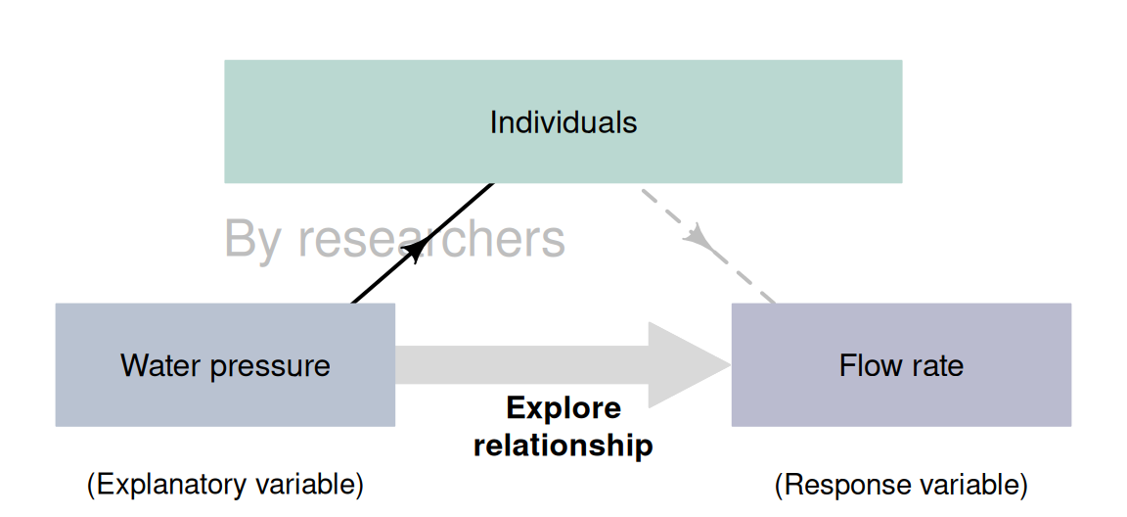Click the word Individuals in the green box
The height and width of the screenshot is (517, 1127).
pos(563,122)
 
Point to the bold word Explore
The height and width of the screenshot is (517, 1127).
pos(563,407)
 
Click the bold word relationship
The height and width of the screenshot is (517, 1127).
pos(563,446)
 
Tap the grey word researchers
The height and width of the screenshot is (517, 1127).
pos(431,239)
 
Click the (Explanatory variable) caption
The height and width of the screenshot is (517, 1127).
pos(225,485)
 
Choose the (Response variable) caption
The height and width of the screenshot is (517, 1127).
pos(901,485)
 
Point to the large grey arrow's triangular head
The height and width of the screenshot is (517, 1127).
pos(685,365)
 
